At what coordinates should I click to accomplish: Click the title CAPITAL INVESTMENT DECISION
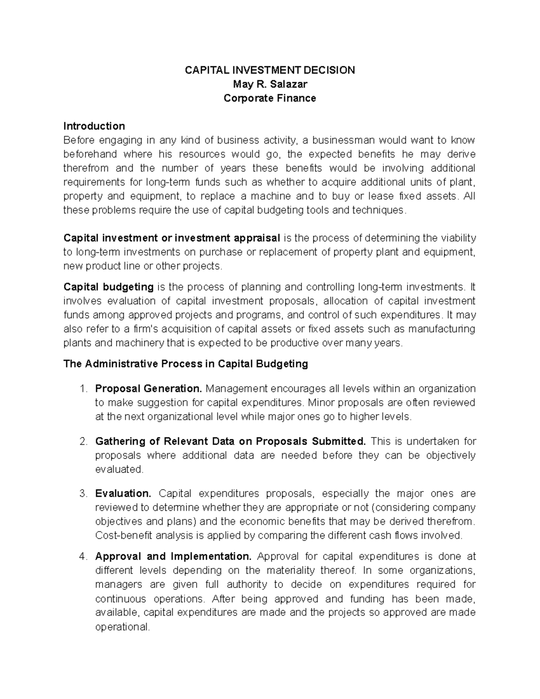click(x=270, y=70)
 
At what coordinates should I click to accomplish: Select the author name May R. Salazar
click(x=270, y=84)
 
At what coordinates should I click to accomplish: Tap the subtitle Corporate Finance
click(x=270, y=98)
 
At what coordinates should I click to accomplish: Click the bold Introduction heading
click(x=94, y=126)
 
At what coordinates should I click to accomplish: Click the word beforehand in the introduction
click(x=90, y=154)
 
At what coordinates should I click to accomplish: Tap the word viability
click(x=455, y=238)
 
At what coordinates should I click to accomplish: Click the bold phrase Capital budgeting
click(x=108, y=287)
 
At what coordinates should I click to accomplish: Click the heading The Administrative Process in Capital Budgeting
click(x=185, y=364)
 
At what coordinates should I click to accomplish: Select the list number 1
click(x=82, y=388)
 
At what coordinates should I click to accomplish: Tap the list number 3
click(x=82, y=493)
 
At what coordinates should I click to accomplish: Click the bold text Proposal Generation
click(x=149, y=388)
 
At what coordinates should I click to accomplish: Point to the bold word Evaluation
click(x=123, y=493)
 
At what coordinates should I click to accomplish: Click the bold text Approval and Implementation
click(x=173, y=556)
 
